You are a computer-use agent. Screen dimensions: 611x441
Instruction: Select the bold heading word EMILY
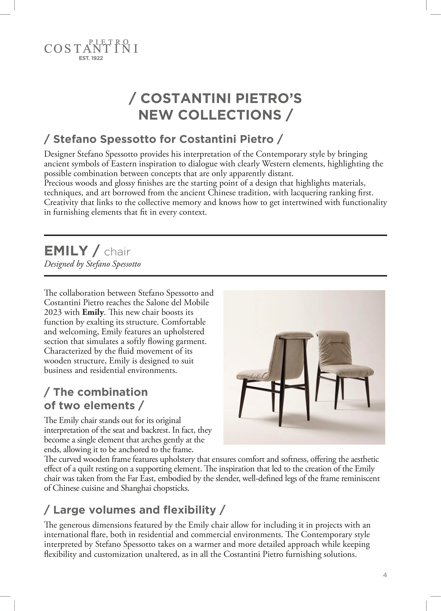[x=66, y=251]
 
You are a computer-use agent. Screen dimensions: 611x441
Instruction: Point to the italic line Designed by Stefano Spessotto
[x=92, y=264]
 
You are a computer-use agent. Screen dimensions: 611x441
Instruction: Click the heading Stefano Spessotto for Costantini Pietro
[x=163, y=139]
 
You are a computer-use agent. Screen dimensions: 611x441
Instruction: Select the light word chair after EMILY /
[x=117, y=252]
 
